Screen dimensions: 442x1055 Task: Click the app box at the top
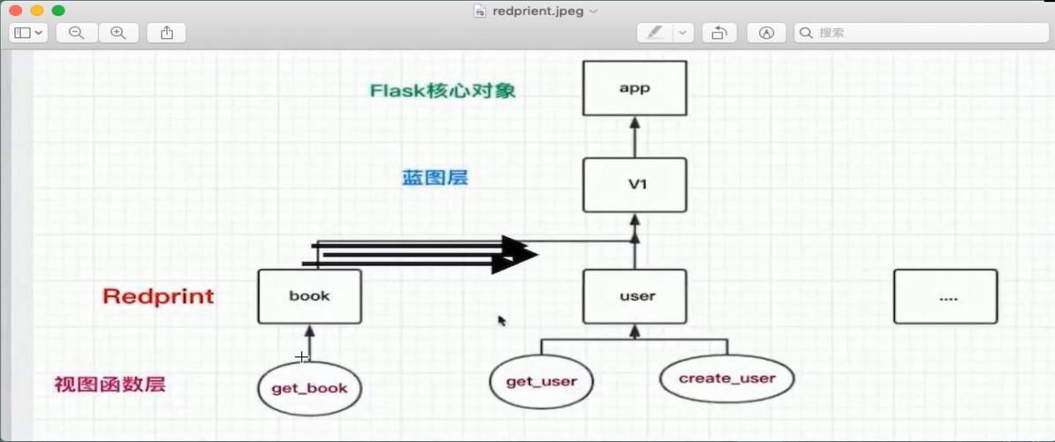click(634, 88)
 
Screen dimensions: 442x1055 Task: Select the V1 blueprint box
click(634, 185)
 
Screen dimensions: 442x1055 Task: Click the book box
click(309, 296)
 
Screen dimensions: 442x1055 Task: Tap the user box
click(634, 296)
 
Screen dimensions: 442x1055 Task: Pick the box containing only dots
click(945, 296)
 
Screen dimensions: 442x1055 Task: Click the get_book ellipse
click(309, 388)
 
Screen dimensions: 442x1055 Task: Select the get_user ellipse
click(541, 382)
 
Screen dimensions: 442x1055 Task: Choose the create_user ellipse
click(726, 378)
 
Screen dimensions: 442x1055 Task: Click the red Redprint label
click(158, 296)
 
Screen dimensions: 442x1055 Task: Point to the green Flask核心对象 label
click(443, 90)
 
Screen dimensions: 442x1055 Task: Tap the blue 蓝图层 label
click(435, 178)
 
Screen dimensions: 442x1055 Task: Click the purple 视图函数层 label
click(110, 385)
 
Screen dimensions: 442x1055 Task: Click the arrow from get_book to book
click(309, 340)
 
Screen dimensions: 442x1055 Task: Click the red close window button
click(15, 11)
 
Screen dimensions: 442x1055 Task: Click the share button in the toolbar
click(166, 33)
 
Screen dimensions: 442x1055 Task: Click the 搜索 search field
click(919, 33)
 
